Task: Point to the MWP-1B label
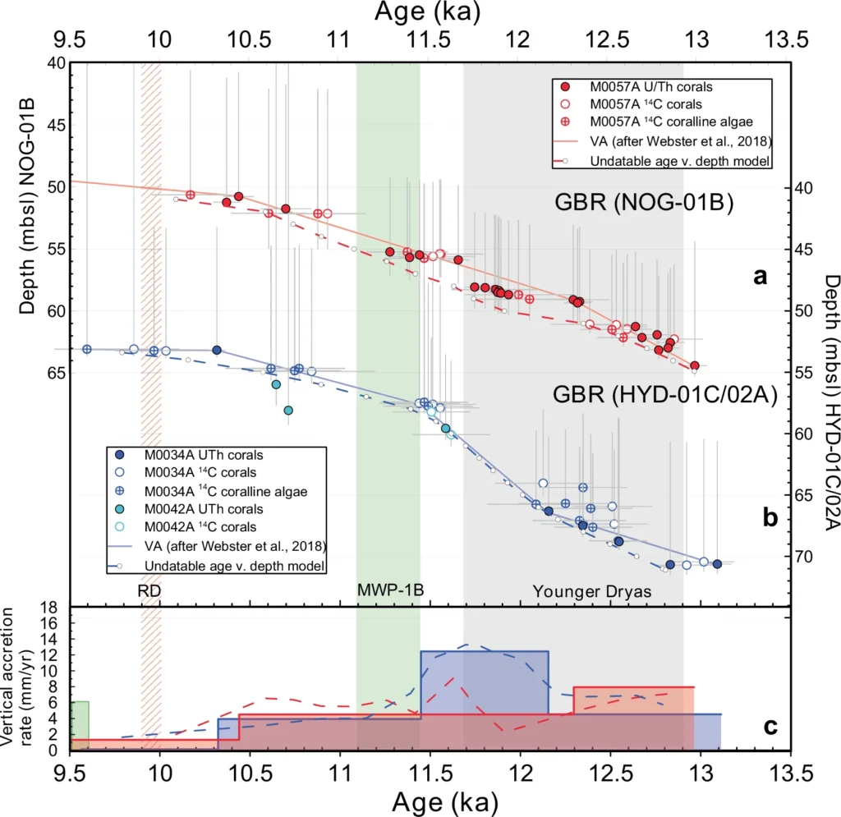click(388, 590)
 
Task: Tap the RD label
click(149, 590)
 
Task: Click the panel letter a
click(761, 278)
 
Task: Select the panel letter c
click(770, 727)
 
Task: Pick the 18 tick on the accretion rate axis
click(55, 608)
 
